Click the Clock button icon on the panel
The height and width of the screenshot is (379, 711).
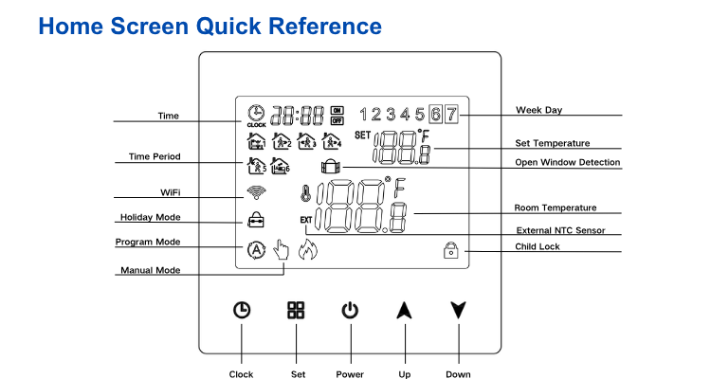[242, 309]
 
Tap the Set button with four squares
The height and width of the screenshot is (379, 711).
[297, 309]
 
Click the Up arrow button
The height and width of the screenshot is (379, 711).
[405, 309]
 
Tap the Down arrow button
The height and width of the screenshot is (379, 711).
[459, 309]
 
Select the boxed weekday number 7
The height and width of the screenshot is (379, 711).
[452, 115]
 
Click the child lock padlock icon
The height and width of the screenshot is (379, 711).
[450, 250]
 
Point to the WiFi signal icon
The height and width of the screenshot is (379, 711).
[255, 192]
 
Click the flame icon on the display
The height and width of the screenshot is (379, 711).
[305, 251]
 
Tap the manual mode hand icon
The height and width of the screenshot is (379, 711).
[281, 250]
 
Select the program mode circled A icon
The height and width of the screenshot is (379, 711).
[255, 250]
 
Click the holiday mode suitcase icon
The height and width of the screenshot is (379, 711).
[255, 220]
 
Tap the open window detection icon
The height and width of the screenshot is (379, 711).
[332, 167]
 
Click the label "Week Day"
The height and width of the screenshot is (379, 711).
[538, 110]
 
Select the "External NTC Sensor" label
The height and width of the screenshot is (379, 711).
[560, 230]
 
